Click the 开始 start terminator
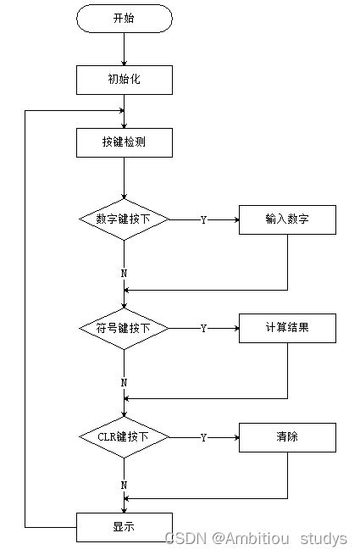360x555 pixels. tap(124, 18)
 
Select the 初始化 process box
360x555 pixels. tap(124, 80)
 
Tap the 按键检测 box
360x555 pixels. tap(124, 142)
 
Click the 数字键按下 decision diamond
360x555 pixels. tap(124, 219)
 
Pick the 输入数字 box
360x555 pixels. tap(287, 219)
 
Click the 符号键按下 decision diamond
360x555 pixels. tap(124, 328)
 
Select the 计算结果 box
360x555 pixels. tap(287, 328)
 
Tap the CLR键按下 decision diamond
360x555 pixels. tap(124, 437)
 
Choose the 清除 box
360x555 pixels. tap(287, 437)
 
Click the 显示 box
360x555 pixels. tap(124, 527)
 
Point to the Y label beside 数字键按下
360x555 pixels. tap(203, 219)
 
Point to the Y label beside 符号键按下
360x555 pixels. tap(203, 328)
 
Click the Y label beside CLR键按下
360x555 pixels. tap(203, 437)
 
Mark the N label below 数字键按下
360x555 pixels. tap(124, 274)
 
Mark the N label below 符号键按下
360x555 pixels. tap(124, 382)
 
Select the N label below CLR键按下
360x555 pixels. tap(124, 485)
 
